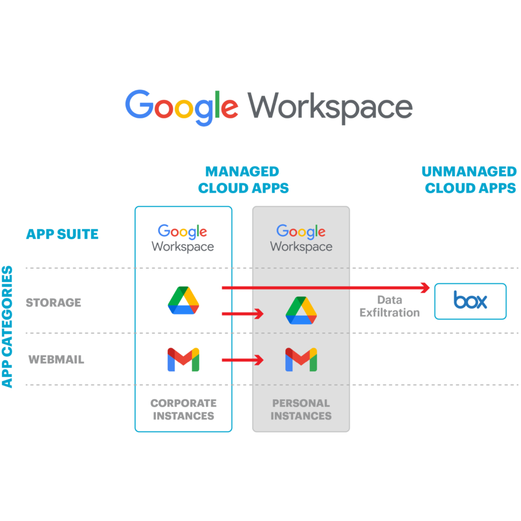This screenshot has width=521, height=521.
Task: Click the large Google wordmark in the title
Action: (182, 107)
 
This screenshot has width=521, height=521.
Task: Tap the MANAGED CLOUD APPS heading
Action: (243, 180)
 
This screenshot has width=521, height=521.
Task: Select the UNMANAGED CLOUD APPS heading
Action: (469, 180)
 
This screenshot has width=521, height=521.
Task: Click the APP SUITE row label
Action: (62, 234)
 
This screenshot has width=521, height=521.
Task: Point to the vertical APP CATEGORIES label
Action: (8, 327)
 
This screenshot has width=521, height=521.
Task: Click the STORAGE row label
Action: (53, 302)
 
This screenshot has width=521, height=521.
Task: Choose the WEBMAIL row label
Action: (56, 360)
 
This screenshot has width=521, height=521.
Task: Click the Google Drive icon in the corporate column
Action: (183, 301)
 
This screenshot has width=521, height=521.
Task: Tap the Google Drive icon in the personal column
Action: (301, 310)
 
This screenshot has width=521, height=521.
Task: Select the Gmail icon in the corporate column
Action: (183, 360)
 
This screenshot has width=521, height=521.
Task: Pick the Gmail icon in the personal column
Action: (301, 360)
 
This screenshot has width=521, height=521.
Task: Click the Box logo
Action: (470, 301)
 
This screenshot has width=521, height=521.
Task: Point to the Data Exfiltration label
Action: (389, 306)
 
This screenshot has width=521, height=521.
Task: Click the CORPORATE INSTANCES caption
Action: (183, 409)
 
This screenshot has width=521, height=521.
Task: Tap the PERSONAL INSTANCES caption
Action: (301, 409)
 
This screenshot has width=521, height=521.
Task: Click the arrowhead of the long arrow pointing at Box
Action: (425, 287)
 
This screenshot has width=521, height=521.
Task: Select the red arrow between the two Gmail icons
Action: (243, 360)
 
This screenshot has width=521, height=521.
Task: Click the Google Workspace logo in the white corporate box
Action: (183, 238)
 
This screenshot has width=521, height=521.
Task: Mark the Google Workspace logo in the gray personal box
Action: (301, 238)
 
